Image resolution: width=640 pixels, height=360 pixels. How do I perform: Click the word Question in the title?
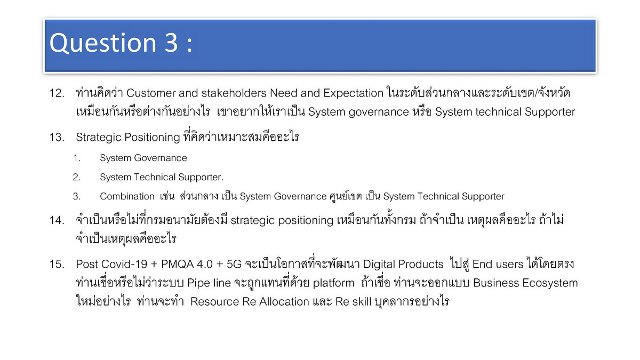[103, 43]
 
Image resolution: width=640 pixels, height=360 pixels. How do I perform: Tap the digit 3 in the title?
[171, 43]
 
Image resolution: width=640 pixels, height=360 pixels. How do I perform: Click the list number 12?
[57, 93]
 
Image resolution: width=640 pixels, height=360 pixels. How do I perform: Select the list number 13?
[57, 137]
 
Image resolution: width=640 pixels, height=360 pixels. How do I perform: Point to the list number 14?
[57, 220]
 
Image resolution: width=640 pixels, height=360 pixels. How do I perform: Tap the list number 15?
[57, 265]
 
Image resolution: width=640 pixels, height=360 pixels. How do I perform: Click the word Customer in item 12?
[151, 93]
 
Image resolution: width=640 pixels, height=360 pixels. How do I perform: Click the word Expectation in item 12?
[353, 94]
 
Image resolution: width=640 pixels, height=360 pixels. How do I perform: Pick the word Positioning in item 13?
[152, 138]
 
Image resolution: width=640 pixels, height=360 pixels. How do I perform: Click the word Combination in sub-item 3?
[127, 196]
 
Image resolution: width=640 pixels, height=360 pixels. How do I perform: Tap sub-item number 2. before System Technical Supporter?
[77, 177]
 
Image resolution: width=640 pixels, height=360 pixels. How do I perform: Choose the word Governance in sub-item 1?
[161, 158]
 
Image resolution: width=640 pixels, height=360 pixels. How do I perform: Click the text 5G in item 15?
[234, 265]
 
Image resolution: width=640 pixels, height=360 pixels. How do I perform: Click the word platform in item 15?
[333, 283]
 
